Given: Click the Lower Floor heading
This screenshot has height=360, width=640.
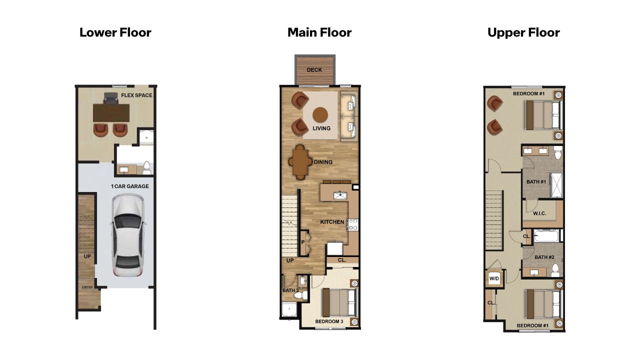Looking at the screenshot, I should point(115,33).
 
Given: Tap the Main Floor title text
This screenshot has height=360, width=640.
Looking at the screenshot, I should point(319,33).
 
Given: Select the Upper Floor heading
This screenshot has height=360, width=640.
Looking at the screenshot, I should point(523,33).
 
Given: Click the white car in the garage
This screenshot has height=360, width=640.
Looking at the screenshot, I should point(128,234).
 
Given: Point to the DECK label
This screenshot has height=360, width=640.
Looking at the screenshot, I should point(314,70).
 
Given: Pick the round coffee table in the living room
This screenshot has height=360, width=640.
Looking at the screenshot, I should point(320,115).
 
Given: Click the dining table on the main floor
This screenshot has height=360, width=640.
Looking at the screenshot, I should point(300,162).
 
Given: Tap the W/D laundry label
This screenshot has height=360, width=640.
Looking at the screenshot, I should point(494,278).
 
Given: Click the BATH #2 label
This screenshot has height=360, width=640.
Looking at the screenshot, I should point(544,257).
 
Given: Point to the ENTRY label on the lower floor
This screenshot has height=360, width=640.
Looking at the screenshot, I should point(87,287).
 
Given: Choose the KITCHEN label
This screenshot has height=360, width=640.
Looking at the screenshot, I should point(332,221).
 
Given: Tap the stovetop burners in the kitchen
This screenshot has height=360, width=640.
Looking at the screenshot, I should point(353,224).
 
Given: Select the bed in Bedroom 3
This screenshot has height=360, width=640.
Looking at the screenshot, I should point(340,302).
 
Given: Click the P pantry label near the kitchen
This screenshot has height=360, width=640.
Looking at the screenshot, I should point(303,242).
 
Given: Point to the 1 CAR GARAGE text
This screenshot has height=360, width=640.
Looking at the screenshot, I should point(129,186).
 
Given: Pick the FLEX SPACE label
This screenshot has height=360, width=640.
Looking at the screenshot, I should point(136,95).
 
